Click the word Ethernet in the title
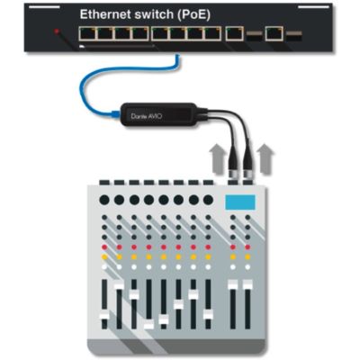point(105,14)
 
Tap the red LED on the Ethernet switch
point(57,31)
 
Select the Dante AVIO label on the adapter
point(147,116)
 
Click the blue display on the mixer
point(240,202)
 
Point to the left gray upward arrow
point(218,158)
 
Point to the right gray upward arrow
point(265,158)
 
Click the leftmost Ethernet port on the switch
point(87,33)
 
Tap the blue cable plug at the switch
point(177,57)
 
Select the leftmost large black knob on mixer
point(104,200)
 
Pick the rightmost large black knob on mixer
point(208,200)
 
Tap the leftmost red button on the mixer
point(104,247)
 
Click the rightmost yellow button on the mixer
point(247,257)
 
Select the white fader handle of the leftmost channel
point(104,316)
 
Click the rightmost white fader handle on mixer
point(247,284)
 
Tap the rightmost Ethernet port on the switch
point(274,33)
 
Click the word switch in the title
point(154,14)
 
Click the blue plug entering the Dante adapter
point(115,113)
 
